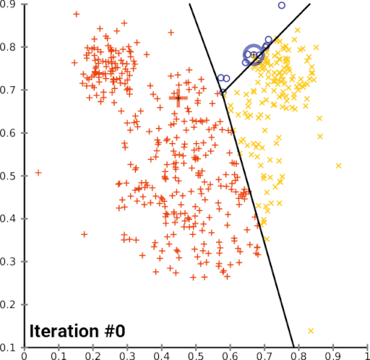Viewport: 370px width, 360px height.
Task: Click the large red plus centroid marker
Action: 178,98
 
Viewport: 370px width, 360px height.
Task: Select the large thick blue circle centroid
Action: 253,54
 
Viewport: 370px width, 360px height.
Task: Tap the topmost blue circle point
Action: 281,6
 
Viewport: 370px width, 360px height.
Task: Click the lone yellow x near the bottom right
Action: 311,331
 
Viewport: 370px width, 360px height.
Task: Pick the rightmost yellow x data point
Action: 338,166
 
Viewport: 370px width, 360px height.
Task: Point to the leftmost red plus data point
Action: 38,173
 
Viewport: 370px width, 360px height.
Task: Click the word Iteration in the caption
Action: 61,332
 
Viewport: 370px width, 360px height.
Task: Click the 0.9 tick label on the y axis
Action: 12,5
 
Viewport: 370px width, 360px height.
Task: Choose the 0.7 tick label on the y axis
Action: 12,90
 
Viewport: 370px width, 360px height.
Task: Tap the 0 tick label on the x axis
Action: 25,355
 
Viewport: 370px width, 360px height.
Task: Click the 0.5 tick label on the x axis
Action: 196,355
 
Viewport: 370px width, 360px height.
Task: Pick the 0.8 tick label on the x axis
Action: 298,355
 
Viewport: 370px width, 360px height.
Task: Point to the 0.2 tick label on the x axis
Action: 92,355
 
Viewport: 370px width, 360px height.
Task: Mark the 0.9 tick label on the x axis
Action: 332,355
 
